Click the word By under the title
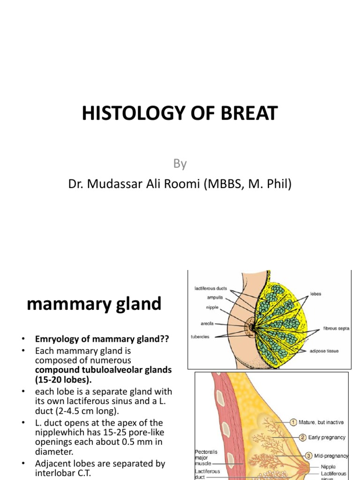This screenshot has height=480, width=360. click(180, 164)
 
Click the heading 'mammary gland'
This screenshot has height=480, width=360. click(94, 304)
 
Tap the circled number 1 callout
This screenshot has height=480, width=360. click(293, 422)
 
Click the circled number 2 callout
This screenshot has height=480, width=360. click(303, 437)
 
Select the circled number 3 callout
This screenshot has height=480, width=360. click(309, 455)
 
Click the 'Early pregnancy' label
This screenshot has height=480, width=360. click(327, 437)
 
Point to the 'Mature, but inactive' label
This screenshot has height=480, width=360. click(321, 422)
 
